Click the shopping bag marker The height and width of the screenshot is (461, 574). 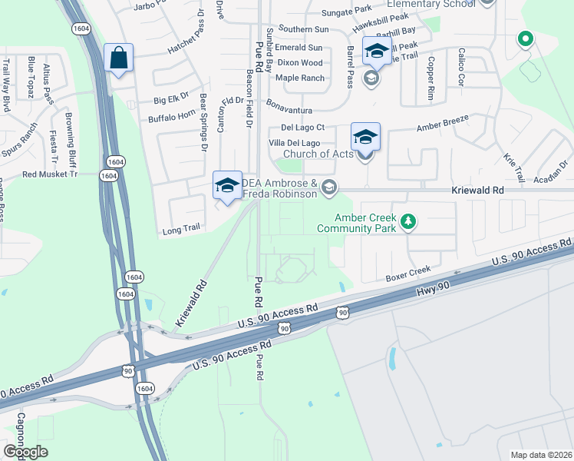[118, 58]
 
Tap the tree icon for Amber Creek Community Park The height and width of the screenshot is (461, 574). [409, 222]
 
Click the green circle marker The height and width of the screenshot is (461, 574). [526, 38]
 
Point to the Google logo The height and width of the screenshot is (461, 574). [25, 452]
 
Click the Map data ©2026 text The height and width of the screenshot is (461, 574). [541, 455]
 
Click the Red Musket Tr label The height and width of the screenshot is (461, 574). [51, 174]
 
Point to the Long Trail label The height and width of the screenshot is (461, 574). [181, 230]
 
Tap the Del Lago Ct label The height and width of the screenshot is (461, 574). [303, 128]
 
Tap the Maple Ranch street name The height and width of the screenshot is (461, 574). [299, 78]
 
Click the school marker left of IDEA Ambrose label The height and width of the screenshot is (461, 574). [227, 186]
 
